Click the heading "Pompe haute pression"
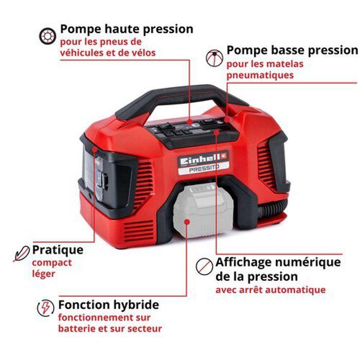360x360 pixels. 127,29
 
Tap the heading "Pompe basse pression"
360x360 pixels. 292,50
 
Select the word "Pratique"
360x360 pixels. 58,250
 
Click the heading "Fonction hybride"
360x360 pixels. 108,305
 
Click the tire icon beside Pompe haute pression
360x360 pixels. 47,35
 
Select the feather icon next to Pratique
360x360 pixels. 22,254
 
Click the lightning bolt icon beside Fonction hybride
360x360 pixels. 46,308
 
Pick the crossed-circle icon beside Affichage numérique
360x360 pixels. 205,266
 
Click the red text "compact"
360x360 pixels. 51,263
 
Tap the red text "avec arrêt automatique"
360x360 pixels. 271,290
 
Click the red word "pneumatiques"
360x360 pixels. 260,75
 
